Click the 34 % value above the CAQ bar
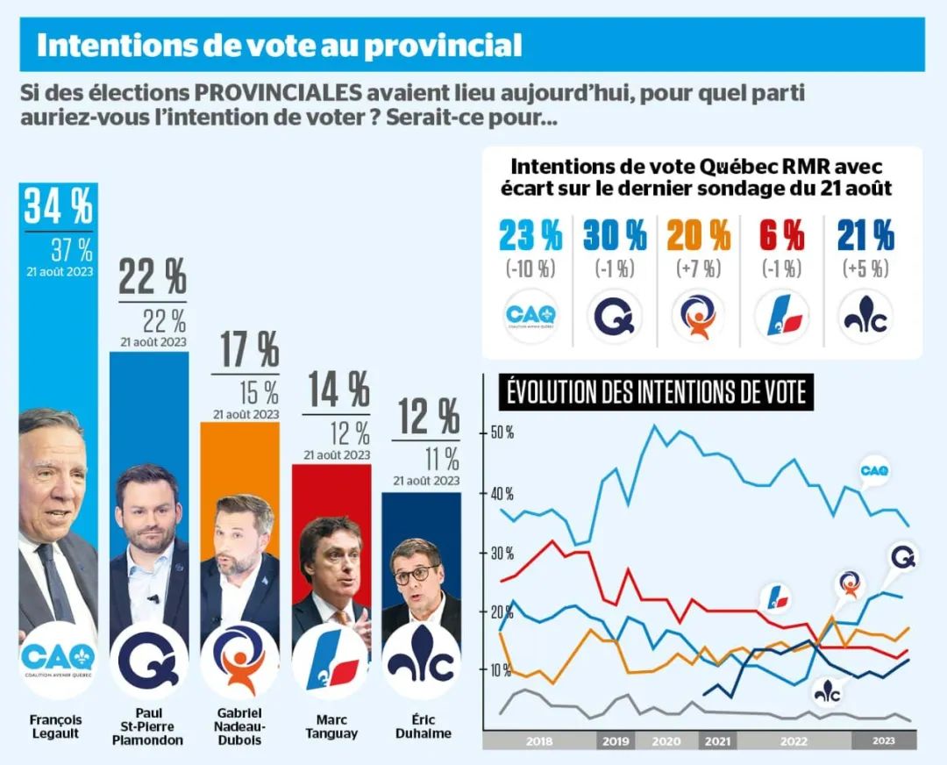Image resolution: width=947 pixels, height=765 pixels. [59, 206]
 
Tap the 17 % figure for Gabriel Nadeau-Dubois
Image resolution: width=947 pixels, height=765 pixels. [249, 349]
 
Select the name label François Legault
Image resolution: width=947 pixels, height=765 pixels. [55, 726]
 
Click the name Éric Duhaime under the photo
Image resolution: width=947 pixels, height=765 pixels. [424, 726]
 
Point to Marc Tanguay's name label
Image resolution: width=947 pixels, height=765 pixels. [331, 726]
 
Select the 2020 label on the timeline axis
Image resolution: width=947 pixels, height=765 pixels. [666, 741]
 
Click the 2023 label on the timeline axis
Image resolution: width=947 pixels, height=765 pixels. [884, 740]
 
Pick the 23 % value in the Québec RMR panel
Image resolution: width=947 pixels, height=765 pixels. [530, 235]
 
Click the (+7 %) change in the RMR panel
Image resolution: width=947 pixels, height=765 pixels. [699, 268]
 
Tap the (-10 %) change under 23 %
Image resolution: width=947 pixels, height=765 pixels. [530, 268]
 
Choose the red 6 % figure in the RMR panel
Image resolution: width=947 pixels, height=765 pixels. [782, 235]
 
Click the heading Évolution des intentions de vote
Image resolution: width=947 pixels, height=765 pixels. [657, 392]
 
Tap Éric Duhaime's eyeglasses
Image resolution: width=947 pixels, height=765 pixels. [417, 574]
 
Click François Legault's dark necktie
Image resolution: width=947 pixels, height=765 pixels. [55, 583]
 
